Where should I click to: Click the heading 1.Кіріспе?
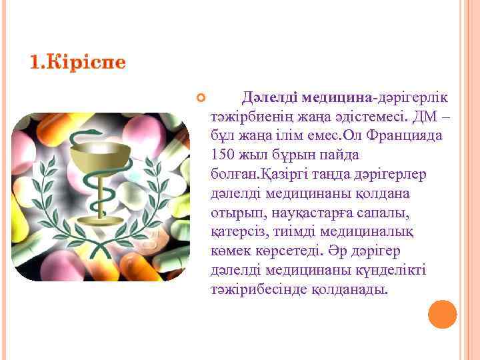click(x=77, y=63)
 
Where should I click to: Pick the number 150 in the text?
click(x=222, y=155)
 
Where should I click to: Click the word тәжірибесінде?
click(x=259, y=291)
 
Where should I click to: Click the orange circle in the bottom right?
click(x=442, y=314)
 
